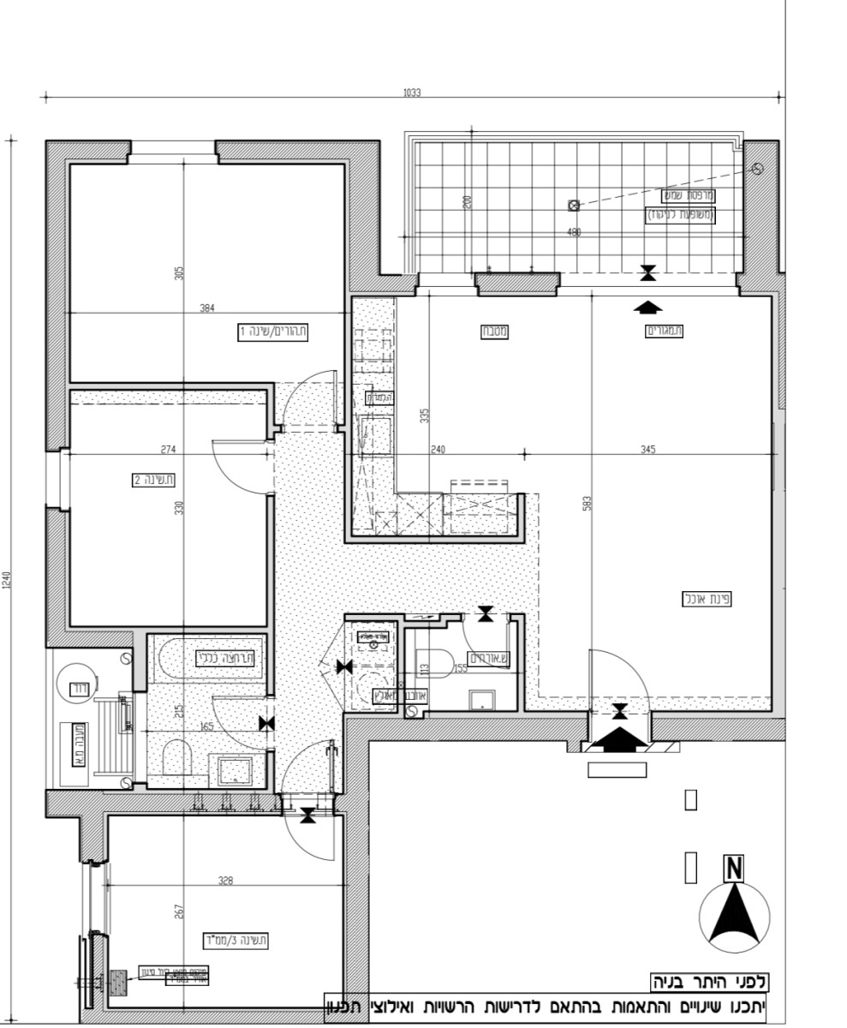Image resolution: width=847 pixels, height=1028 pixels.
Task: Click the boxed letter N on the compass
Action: (x=733, y=869)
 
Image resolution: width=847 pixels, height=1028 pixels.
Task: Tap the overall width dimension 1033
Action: (x=412, y=93)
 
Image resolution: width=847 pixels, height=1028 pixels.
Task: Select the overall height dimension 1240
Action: (x=8, y=581)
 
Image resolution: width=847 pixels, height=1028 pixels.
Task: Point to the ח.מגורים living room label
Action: (x=665, y=332)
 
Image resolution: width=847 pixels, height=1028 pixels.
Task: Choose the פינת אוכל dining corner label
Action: (x=707, y=599)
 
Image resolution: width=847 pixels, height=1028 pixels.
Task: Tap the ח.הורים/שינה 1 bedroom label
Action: (x=272, y=332)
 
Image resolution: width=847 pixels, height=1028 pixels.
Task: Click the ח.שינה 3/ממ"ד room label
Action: (x=235, y=941)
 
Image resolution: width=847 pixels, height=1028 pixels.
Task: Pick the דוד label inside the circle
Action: (x=78, y=687)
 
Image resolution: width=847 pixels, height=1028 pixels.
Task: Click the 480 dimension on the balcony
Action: (x=575, y=232)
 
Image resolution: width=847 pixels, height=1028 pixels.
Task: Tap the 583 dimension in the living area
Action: (x=587, y=504)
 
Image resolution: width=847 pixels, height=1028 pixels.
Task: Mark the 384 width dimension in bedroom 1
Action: (x=206, y=308)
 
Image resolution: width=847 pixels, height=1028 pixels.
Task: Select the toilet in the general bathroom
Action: (x=175, y=757)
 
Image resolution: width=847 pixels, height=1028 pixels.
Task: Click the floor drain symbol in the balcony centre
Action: (x=574, y=205)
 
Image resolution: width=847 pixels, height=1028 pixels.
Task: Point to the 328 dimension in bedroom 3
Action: (x=224, y=880)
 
